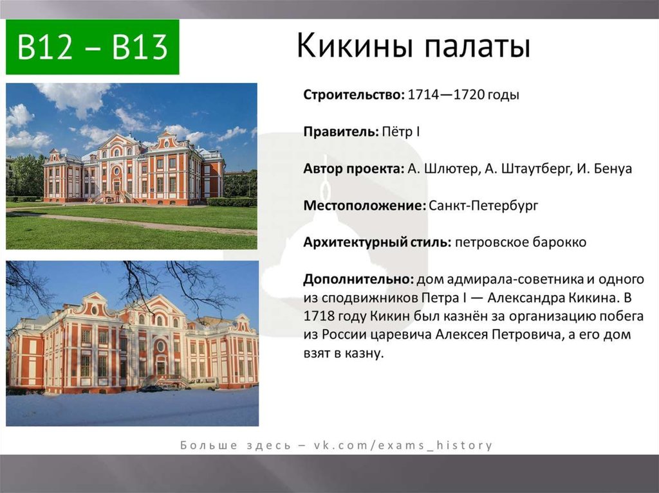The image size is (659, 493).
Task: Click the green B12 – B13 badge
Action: pyautogui.click(x=93, y=47)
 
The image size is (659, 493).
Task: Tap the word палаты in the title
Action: pyautogui.click(x=478, y=46)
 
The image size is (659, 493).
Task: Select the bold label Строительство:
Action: pyautogui.click(x=354, y=94)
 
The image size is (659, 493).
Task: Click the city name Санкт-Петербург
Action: pyautogui.click(x=483, y=206)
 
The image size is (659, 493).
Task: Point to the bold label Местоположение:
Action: pyautogui.click(x=365, y=206)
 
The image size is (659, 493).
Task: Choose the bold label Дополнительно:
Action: pyautogui.click(x=359, y=279)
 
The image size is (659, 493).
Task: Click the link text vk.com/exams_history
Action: pyautogui.click(x=404, y=445)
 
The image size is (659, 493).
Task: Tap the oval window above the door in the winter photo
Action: pyautogui.click(x=160, y=346)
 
